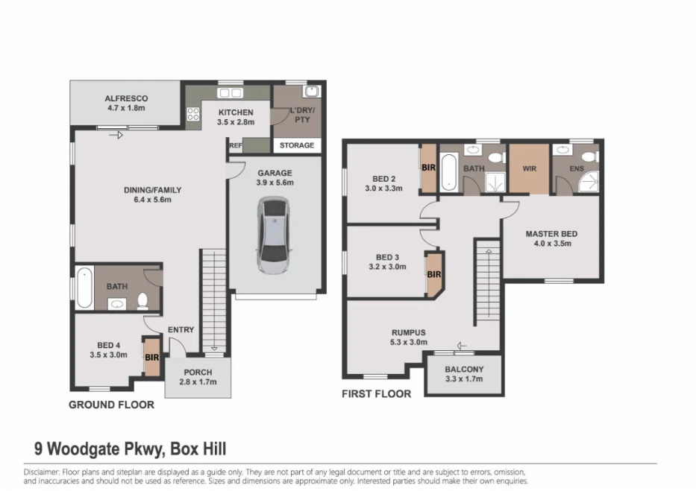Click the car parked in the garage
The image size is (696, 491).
275,236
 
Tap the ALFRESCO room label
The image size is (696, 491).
126,98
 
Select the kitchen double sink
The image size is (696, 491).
230,92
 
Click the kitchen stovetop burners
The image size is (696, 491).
193,114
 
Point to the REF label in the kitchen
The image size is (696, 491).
236,145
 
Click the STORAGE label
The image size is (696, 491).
297,145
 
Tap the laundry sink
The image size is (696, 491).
311,92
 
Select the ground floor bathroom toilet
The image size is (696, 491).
142,300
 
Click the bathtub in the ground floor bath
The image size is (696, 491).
84,288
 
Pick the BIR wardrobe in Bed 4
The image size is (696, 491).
151,357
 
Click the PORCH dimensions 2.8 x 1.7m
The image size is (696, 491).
198,382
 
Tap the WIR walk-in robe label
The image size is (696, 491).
530,168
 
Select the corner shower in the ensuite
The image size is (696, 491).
590,182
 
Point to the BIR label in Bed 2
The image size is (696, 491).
428,168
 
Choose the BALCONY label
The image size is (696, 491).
464,369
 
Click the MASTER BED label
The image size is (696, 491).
552,234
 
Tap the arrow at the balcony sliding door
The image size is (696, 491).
462,346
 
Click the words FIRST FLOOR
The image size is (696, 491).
377,394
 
